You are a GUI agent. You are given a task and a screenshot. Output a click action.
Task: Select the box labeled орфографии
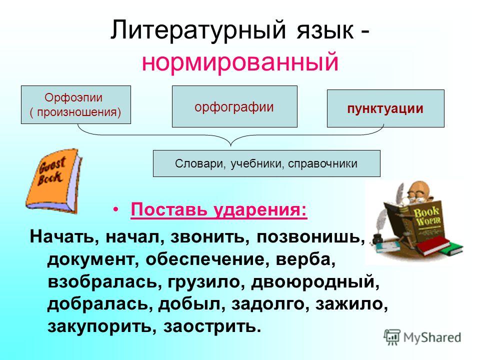coord(234,106)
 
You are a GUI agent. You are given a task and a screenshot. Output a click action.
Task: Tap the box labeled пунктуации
coord(385,108)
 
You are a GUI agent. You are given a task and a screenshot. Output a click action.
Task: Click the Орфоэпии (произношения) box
coord(76,104)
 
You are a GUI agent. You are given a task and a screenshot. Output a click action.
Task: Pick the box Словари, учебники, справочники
coord(266,163)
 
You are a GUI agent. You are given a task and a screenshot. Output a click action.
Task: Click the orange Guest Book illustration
coord(53,181)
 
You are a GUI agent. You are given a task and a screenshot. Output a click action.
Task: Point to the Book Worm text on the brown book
coord(427,216)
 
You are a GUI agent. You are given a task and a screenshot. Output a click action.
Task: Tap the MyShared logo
coord(422,337)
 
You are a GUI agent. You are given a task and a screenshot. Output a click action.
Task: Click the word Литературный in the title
coord(198,30)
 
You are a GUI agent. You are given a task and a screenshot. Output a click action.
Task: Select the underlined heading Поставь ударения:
coord(219,210)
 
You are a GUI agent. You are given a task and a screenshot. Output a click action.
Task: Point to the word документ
coord(91,260)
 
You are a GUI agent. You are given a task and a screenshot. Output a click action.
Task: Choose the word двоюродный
coord(315,282)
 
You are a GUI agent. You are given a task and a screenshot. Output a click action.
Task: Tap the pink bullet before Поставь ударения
coord(115,210)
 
